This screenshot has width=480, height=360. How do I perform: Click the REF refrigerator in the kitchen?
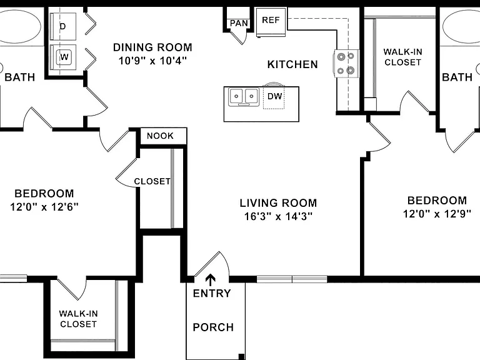[271, 22]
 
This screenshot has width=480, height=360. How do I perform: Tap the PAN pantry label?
[239, 23]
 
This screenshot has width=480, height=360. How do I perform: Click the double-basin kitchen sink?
[244, 96]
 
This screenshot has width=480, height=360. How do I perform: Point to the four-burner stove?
[346, 64]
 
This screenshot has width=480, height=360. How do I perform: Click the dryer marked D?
[62, 26]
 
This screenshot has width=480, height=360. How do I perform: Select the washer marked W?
[63, 57]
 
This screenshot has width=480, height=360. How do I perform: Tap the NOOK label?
[160, 136]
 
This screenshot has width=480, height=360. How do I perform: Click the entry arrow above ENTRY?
[210, 279]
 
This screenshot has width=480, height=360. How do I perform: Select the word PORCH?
[213, 327]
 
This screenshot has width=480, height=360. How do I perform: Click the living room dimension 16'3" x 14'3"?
[278, 216]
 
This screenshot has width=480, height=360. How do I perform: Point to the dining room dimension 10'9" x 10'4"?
[152, 61]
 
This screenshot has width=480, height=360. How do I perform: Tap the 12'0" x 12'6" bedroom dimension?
[44, 207]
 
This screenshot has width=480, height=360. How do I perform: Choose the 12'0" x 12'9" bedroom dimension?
[437, 214]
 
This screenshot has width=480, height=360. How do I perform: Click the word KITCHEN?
[292, 64]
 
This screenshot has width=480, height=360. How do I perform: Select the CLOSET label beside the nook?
[152, 181]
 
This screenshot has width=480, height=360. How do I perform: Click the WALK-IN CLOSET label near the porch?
[78, 319]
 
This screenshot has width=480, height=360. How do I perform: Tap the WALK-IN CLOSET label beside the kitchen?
[403, 57]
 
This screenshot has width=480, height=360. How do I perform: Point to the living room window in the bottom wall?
[292, 279]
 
